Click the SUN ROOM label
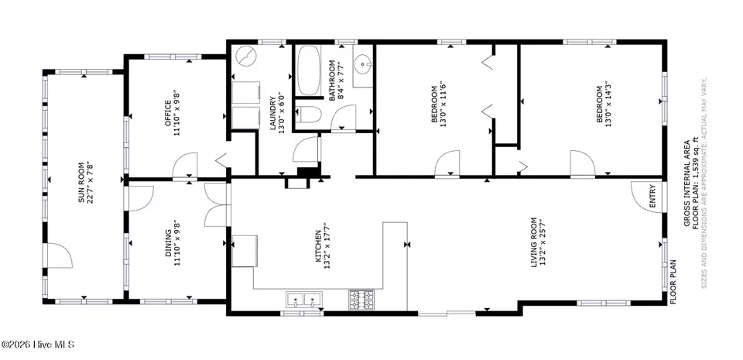point(81,183)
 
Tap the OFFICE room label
point(168,114)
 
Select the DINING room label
point(168,243)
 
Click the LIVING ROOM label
point(533,242)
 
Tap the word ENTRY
point(652,196)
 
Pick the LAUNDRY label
point(272,113)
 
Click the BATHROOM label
point(332,81)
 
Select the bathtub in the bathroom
point(309,70)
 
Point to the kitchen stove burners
point(361,300)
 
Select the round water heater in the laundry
point(245,56)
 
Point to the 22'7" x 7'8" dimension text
point(90,183)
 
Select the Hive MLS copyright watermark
point(37,345)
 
